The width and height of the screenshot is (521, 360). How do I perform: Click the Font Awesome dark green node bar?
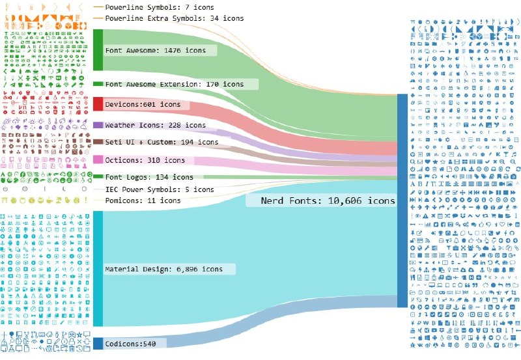tap(98, 50)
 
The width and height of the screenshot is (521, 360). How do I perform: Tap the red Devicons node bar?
tap(98, 104)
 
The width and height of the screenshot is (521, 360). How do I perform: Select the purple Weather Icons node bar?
tap(98, 125)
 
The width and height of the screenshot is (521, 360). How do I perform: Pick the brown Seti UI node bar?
tap(98, 142)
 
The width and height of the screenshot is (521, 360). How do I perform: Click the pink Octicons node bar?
tap(98, 159)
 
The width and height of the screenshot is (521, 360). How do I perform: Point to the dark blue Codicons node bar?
tap(98, 343)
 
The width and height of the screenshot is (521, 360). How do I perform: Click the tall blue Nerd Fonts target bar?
tap(402, 201)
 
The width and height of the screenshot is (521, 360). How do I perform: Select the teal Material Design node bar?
tap(98, 268)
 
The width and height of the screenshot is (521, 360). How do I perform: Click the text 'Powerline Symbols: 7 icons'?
tap(160, 7)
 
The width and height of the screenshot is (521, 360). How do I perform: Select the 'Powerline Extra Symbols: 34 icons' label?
tap(175, 18)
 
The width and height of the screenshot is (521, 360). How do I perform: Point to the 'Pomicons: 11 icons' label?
tap(143, 201)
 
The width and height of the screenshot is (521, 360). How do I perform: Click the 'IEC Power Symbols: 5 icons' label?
tap(160, 189)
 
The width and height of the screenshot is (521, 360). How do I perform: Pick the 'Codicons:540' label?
tap(130, 344)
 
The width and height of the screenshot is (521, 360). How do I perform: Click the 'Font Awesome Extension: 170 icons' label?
tap(175, 85)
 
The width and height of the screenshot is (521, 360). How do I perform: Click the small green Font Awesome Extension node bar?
tap(98, 84)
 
